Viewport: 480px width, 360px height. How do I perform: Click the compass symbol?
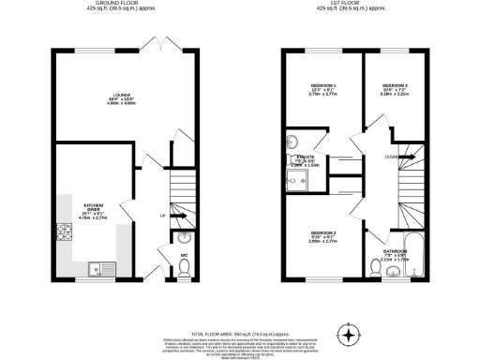coord(350,333)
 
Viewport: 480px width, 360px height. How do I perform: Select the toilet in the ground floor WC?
coord(185,267)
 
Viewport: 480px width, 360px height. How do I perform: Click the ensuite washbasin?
coord(291,143)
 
